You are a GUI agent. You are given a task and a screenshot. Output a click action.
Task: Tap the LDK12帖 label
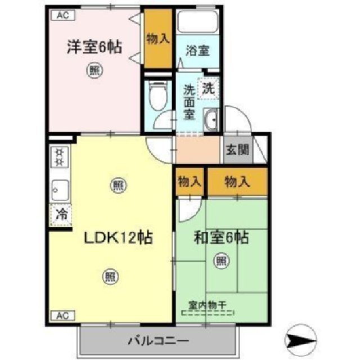coord(119,238)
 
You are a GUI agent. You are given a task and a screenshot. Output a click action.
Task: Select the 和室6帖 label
coord(222,238)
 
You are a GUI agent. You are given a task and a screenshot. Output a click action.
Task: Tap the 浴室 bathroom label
coord(197,50)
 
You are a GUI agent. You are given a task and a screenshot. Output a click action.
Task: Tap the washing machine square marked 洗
coord(208,88)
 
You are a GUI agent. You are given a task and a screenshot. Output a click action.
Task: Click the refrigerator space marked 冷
coord(60,214)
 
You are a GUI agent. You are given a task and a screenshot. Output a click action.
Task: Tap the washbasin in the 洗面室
coord(213,120)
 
